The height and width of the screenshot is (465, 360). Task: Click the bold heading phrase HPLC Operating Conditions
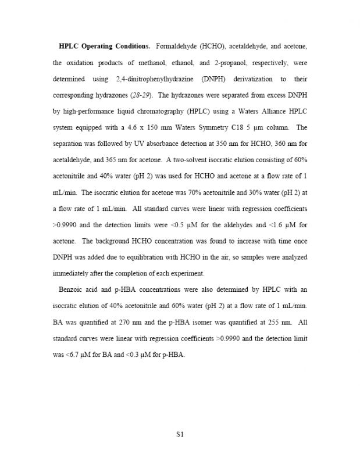coord(105,46)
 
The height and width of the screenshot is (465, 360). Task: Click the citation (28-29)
coord(140,94)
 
